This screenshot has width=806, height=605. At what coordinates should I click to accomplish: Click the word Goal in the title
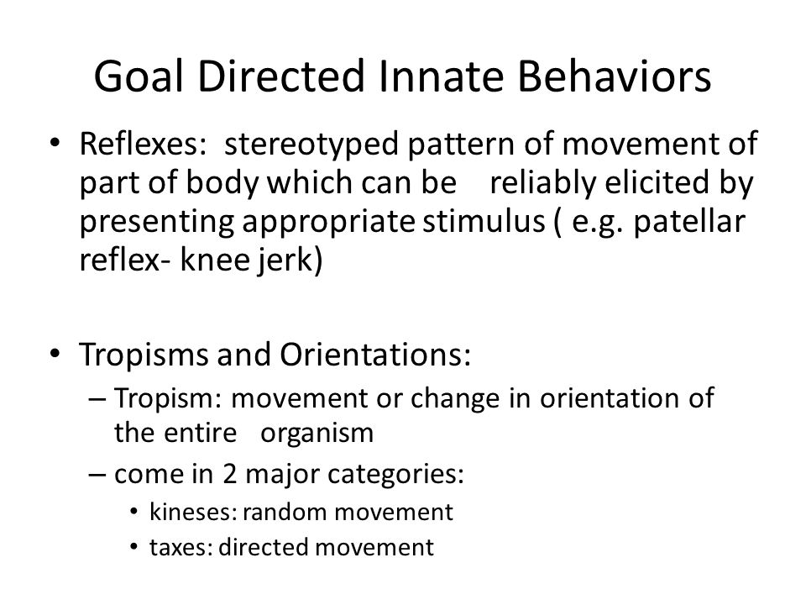click(x=139, y=76)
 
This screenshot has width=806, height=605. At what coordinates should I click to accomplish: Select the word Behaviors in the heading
click(x=615, y=76)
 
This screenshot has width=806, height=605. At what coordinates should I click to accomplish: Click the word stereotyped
click(x=311, y=145)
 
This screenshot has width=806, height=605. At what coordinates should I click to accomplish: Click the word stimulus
click(x=484, y=222)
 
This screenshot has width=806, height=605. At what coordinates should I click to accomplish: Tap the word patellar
click(x=689, y=222)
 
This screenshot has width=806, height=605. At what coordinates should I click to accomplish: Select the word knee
click(x=212, y=260)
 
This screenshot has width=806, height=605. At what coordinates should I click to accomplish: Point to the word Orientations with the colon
click(x=375, y=355)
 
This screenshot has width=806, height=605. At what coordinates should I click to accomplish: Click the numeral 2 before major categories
click(x=229, y=474)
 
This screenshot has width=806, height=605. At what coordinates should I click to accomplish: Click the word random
click(x=285, y=513)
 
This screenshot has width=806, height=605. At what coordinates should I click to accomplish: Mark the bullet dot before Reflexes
click(x=55, y=143)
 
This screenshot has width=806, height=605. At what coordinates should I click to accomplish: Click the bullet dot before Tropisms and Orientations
click(x=55, y=354)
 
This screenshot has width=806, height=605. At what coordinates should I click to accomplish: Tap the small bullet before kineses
click(x=134, y=512)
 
